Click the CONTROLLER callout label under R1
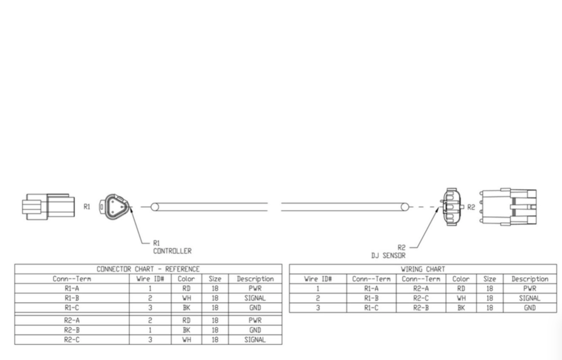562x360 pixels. pos(172,251)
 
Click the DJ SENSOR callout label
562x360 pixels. pos(388,255)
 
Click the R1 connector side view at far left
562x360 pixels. pos(47,206)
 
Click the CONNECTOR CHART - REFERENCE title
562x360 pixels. pos(148,269)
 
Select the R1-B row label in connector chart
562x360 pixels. pos(71,298)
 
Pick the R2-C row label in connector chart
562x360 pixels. pos(71,339)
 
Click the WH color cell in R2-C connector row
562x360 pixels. pos(187,339)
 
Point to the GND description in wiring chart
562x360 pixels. pos(529,308)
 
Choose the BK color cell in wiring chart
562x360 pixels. pos(461,308)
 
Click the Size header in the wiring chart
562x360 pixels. pos(490,278)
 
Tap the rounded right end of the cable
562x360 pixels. pos(404,207)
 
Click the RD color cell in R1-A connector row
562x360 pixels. pos(187,288)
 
